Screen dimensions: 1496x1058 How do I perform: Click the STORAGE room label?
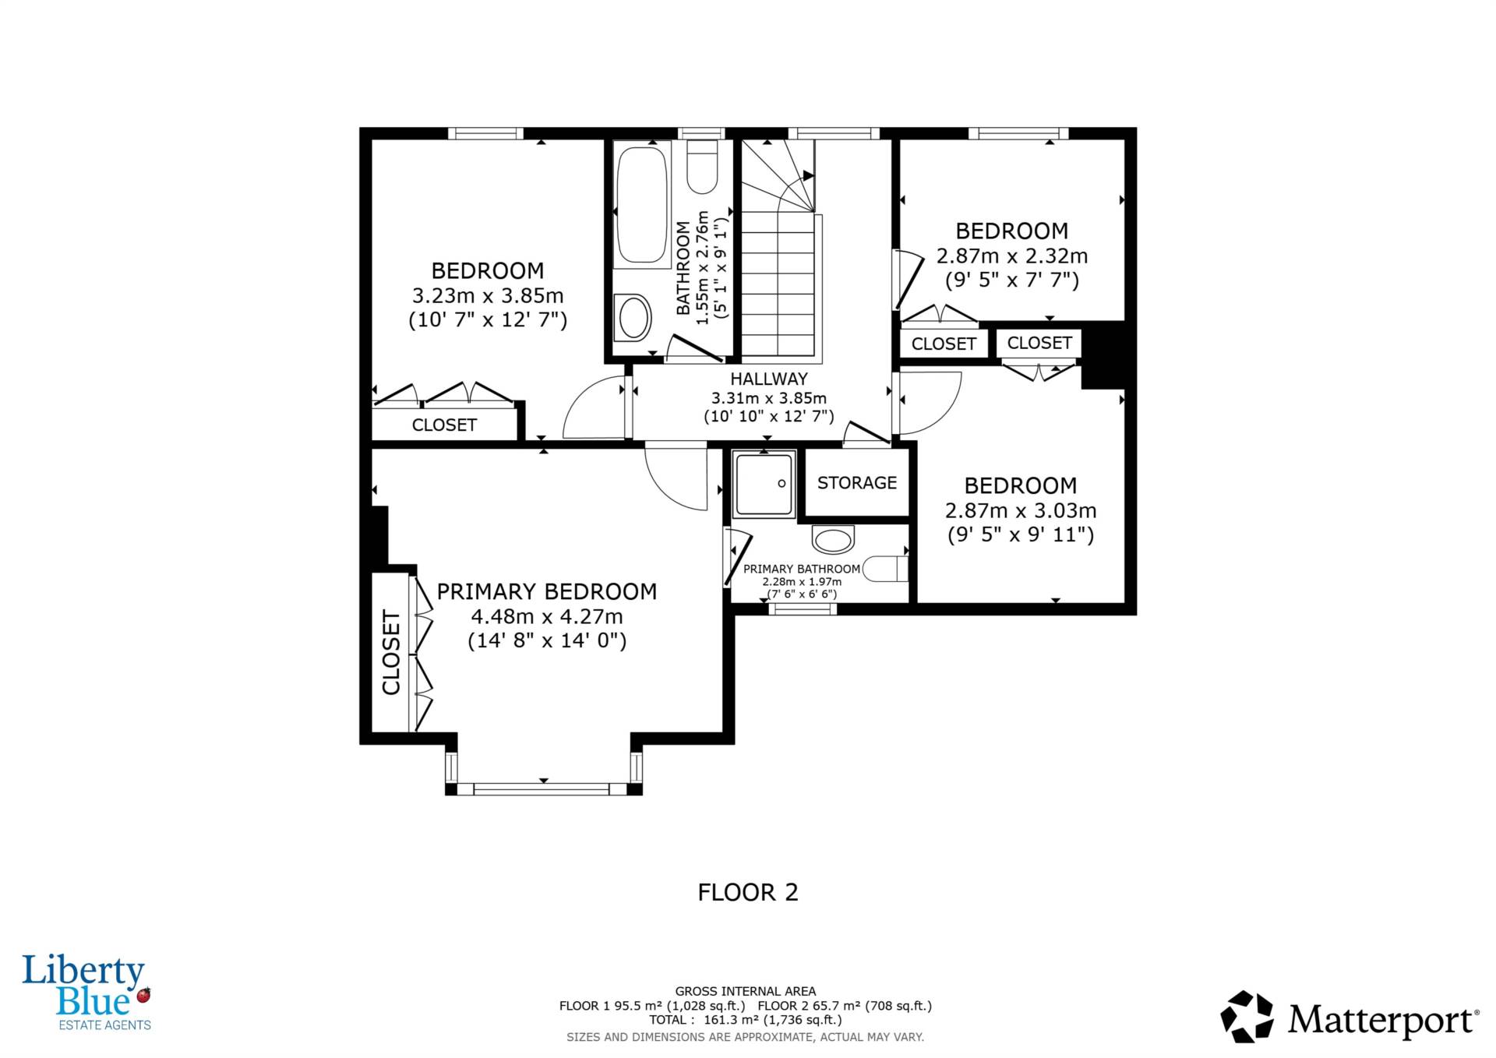tap(857, 483)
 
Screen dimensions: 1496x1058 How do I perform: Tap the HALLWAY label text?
tap(769, 379)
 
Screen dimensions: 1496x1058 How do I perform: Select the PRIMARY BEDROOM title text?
tap(547, 592)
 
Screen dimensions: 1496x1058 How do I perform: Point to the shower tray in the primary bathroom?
tap(764, 484)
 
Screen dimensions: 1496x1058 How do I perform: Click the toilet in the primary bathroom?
tap(887, 569)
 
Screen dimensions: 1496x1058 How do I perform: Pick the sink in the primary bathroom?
tap(833, 538)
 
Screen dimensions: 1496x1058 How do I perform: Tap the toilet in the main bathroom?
tap(702, 167)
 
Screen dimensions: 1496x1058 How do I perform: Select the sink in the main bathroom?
tap(633, 317)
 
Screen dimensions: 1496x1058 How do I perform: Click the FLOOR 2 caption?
tap(748, 892)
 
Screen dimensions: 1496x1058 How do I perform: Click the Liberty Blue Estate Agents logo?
tap(86, 993)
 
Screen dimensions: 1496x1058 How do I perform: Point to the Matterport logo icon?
tap(1247, 1017)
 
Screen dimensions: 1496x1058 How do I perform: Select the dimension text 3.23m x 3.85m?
tap(488, 296)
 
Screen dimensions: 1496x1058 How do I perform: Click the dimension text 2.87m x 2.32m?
tap(1012, 256)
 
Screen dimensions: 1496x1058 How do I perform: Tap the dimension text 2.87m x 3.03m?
tap(1021, 510)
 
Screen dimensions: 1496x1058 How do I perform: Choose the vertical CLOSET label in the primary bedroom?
tap(391, 652)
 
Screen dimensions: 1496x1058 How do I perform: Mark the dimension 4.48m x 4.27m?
tap(547, 616)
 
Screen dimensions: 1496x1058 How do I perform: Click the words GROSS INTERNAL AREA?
tap(746, 991)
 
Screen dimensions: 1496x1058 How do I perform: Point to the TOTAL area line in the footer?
tap(746, 1020)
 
